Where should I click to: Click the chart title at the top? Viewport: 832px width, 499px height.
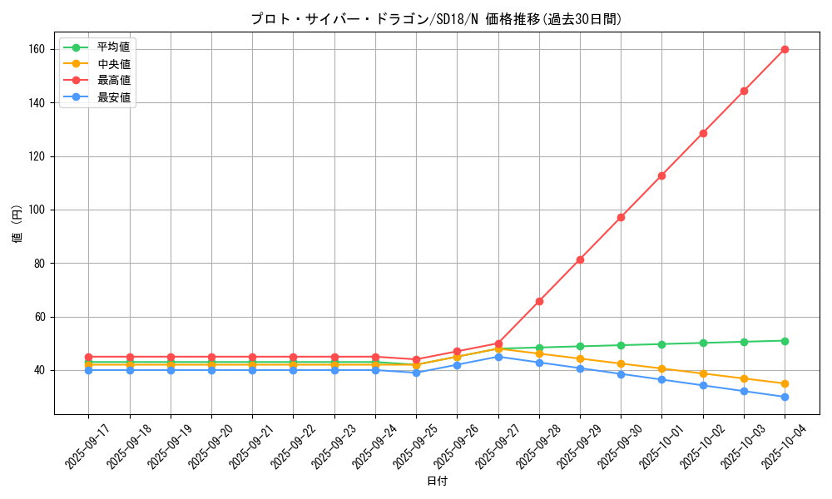(x=436, y=19)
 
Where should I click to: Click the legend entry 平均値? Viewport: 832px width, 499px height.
(x=113, y=47)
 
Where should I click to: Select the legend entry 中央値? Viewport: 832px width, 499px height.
(x=113, y=64)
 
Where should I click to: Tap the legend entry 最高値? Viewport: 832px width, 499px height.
(x=113, y=81)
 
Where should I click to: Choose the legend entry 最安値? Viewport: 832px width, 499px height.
(x=113, y=97)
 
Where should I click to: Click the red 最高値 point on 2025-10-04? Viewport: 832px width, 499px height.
(x=785, y=49)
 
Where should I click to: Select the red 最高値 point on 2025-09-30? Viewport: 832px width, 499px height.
(x=621, y=217)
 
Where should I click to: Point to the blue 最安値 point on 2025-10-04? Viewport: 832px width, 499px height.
(x=785, y=397)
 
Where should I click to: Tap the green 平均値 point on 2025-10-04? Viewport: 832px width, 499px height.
(x=785, y=341)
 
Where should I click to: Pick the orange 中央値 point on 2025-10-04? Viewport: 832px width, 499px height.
(x=785, y=383)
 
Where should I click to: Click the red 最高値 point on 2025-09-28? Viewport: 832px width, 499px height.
(x=539, y=301)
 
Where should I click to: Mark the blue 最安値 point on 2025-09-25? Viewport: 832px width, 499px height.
(x=416, y=373)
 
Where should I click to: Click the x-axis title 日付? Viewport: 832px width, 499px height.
(x=436, y=481)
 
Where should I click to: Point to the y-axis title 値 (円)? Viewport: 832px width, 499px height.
(x=17, y=225)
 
